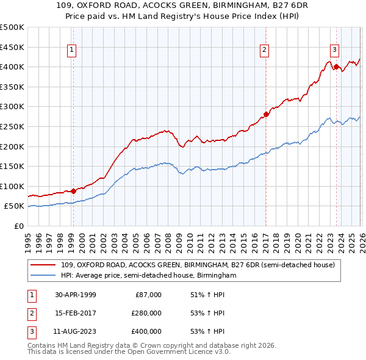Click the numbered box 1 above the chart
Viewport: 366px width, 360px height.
73,50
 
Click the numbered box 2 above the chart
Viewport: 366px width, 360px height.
265,50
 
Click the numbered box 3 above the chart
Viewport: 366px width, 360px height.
335,50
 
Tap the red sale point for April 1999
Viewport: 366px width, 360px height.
74,191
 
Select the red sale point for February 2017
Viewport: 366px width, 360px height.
266,114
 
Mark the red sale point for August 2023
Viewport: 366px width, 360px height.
336,67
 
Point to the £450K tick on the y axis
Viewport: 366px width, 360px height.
12,47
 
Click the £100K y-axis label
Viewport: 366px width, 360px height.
12,186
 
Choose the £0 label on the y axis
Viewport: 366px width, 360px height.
18,226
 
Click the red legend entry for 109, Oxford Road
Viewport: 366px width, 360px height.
198,265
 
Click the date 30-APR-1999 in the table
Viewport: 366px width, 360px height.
76,295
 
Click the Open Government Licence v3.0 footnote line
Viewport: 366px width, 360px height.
129,353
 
